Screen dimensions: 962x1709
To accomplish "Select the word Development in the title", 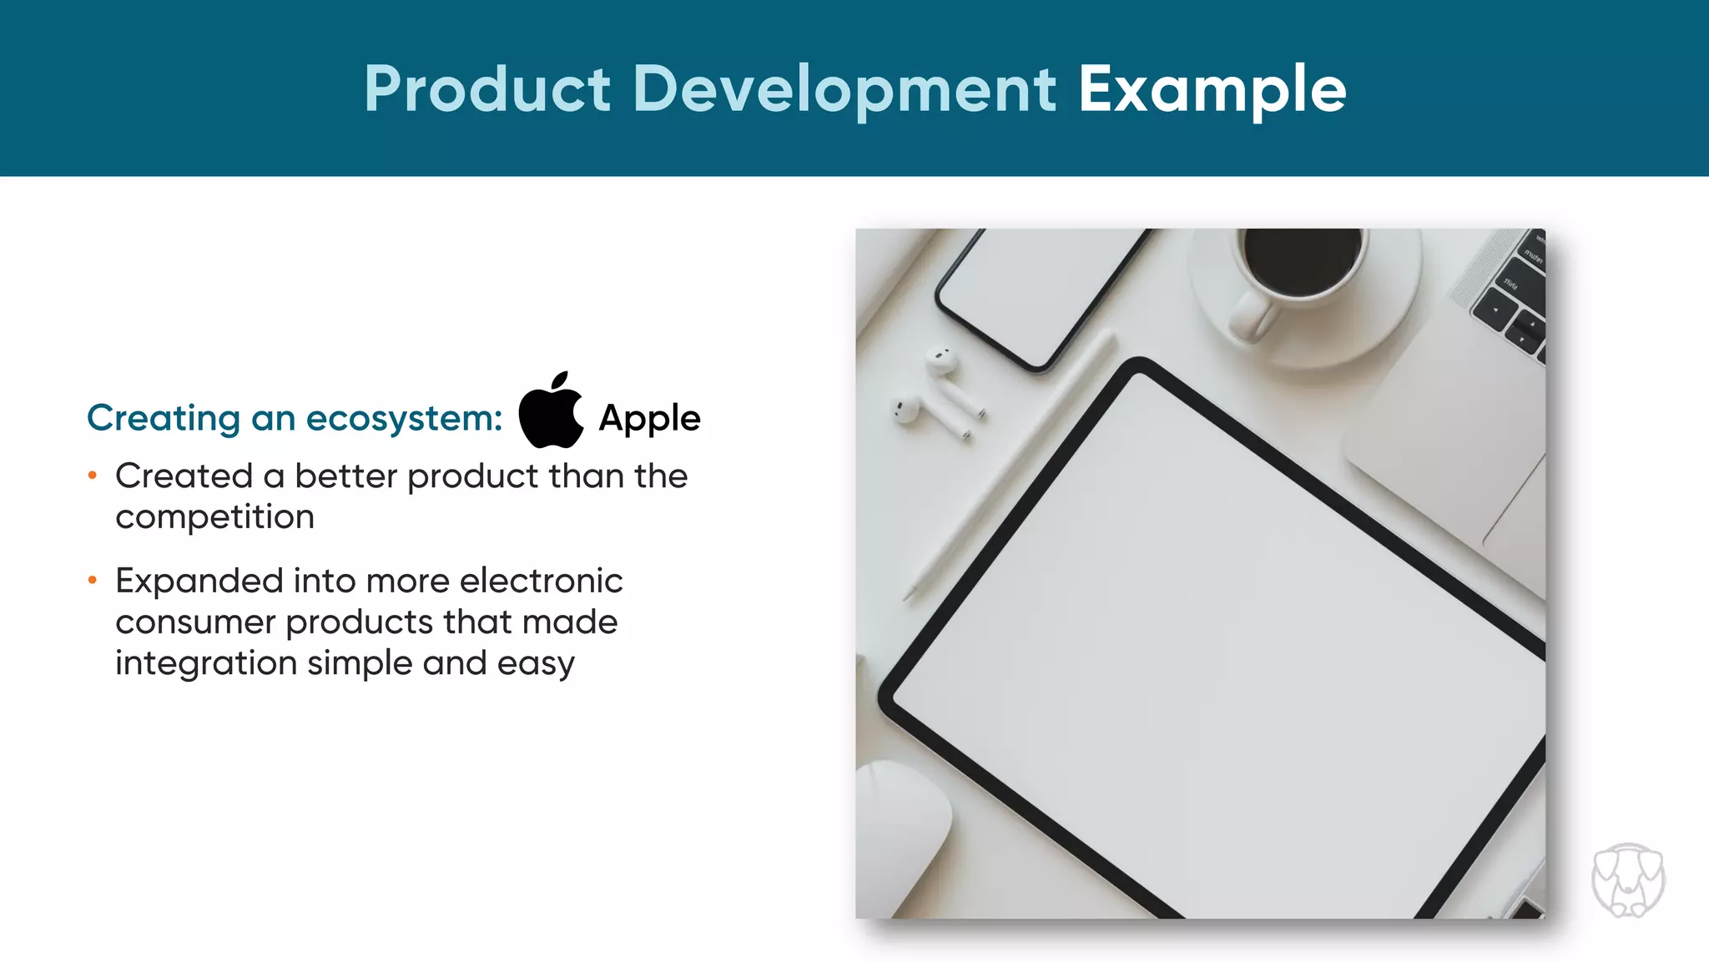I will pyautogui.click(x=844, y=90).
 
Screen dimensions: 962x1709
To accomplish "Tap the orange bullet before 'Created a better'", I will pyautogui.click(x=93, y=476).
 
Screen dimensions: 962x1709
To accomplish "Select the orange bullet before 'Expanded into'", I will pyautogui.click(x=93, y=580).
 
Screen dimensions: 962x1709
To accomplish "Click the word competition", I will pyautogui.click(x=214, y=517).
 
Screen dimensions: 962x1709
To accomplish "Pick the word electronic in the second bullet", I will pyautogui.click(x=541, y=581).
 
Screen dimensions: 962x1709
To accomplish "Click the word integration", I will pyautogui.click(x=206, y=663).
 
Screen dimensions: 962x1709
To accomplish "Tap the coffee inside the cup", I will pyautogui.click(x=1302, y=260).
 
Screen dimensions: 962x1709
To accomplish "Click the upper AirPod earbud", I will pyautogui.click(x=941, y=360).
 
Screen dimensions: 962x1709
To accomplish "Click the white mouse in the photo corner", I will pyautogui.click(x=901, y=834).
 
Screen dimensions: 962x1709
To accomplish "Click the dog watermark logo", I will pyautogui.click(x=1628, y=880).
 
